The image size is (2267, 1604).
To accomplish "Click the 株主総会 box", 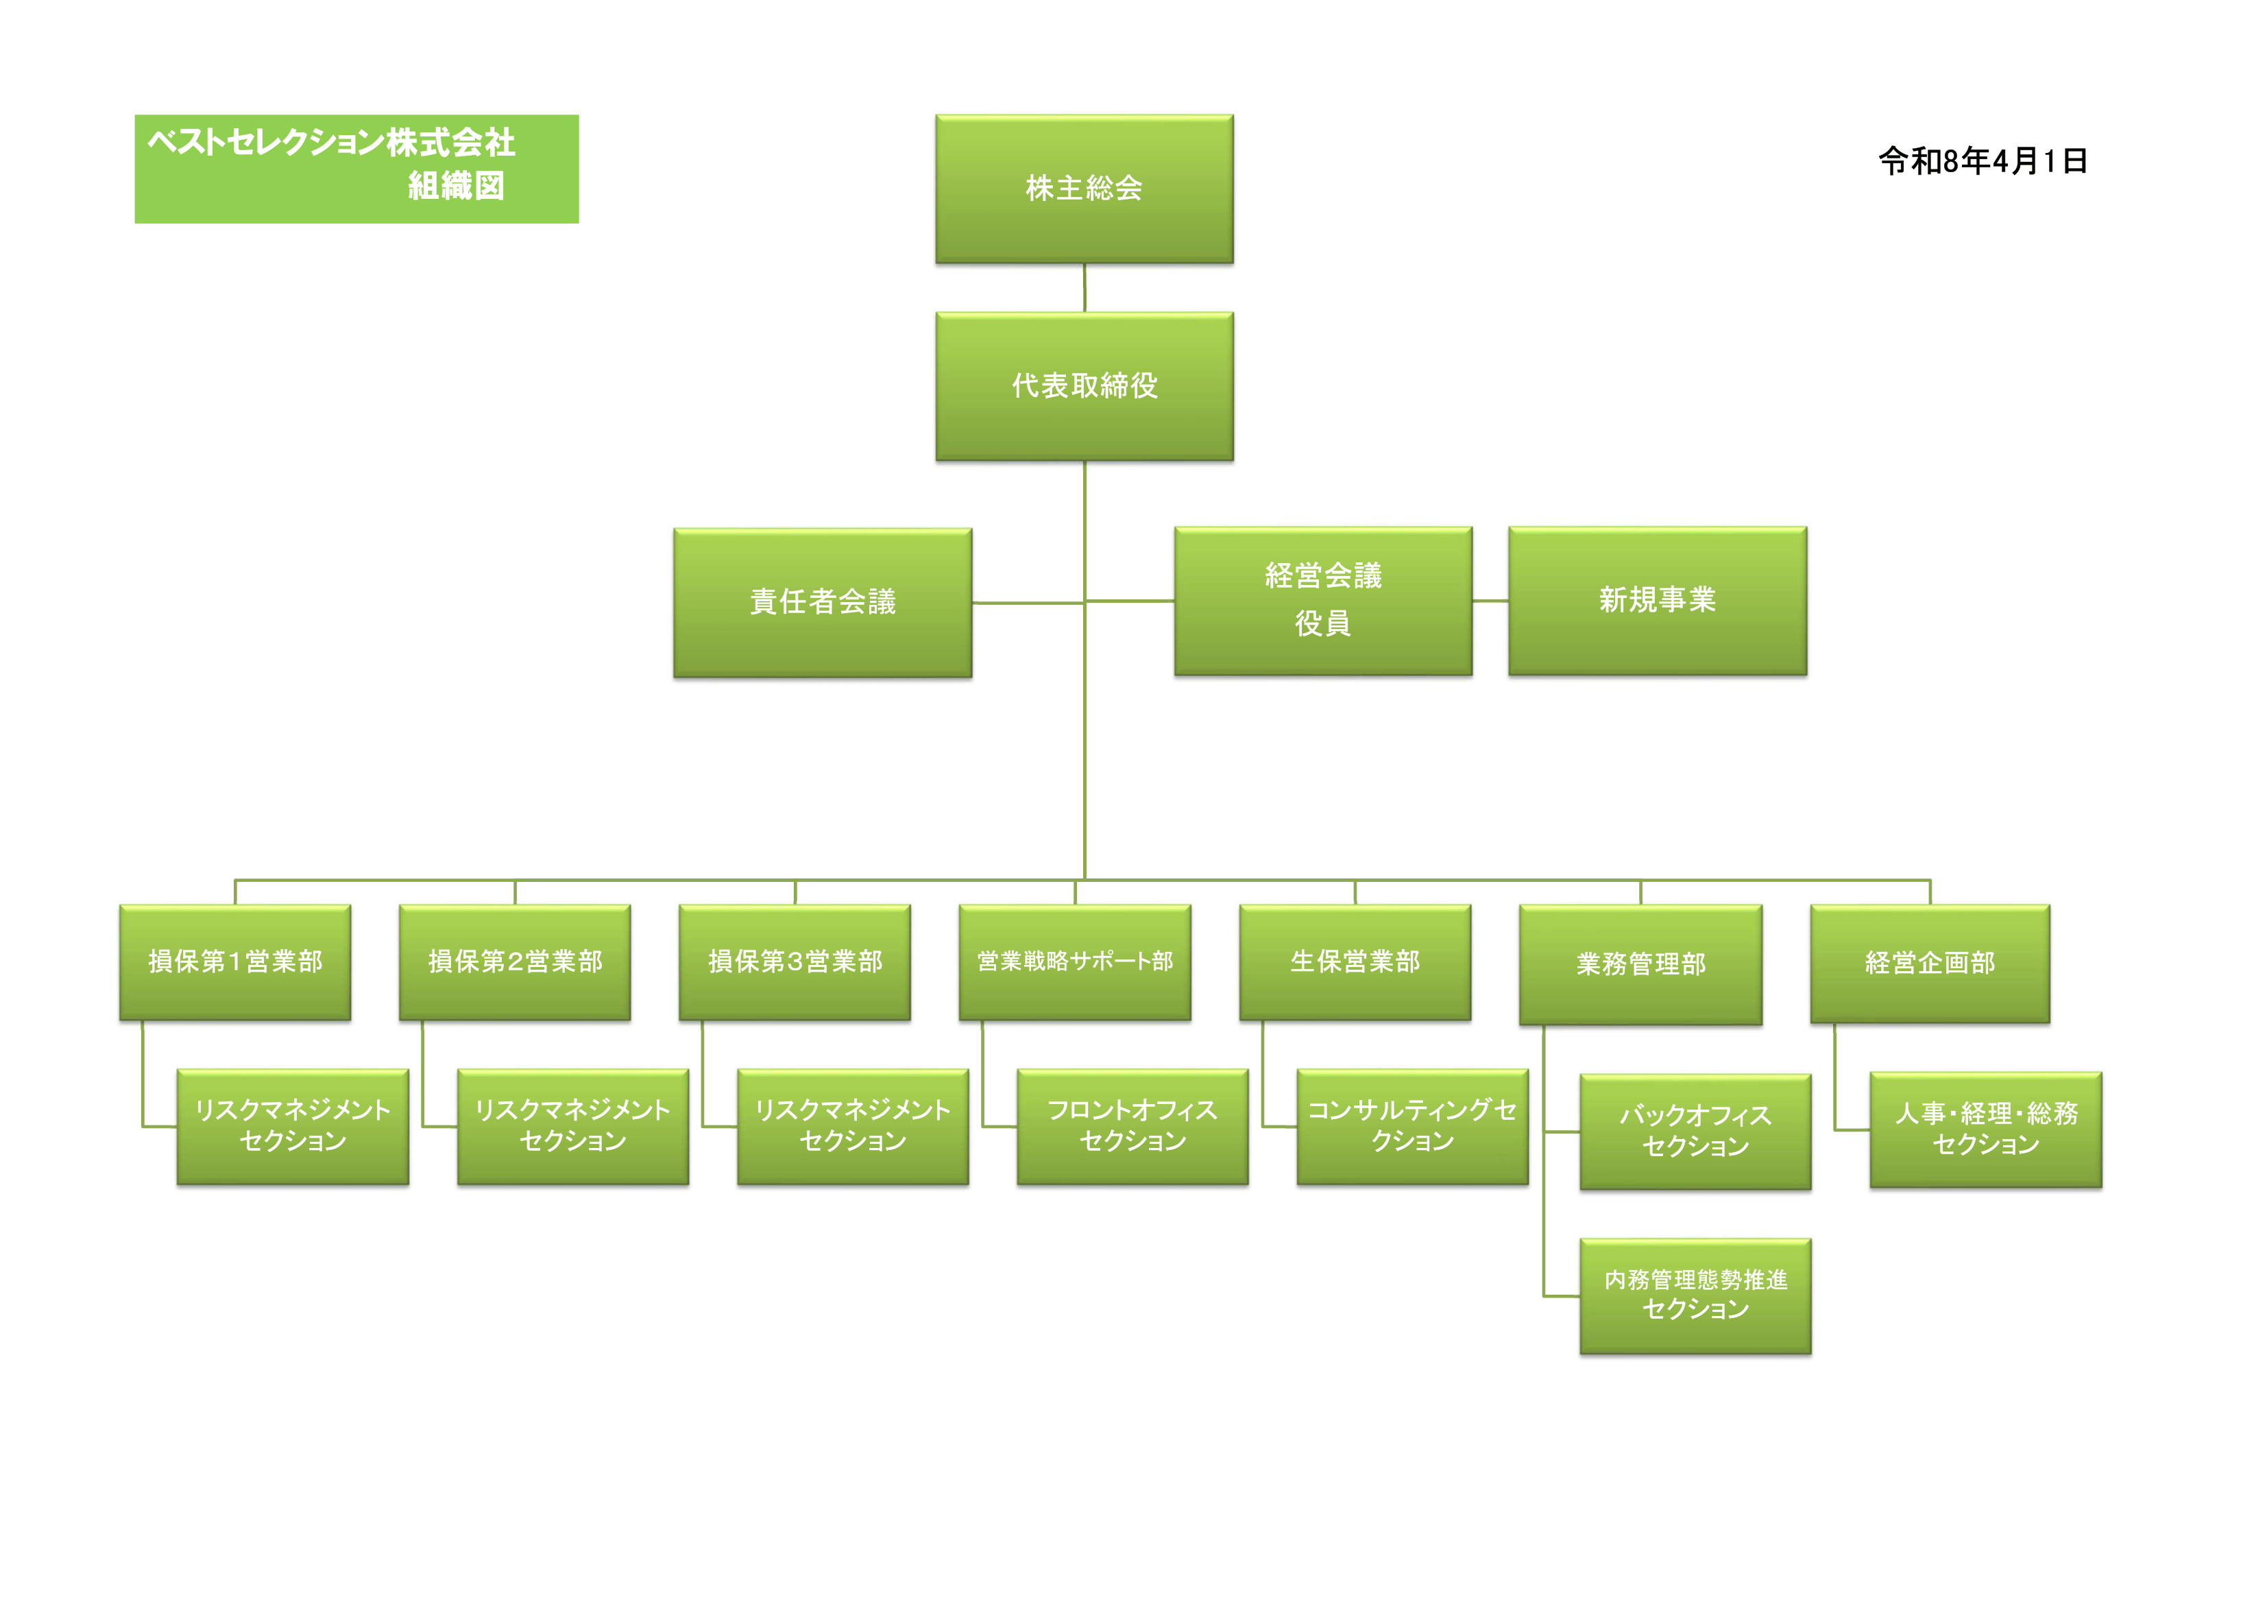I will (x=1084, y=189).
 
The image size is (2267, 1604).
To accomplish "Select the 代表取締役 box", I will (x=1084, y=386).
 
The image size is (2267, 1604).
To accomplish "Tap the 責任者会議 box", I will (x=823, y=603).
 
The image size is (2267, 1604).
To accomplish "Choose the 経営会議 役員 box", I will (x=1323, y=601).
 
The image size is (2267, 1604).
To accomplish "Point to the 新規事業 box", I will (x=1657, y=601).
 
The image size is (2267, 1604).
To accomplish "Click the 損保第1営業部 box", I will (x=235, y=962).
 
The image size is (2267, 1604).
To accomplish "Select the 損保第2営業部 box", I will (x=514, y=962).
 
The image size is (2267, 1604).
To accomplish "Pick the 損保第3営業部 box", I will (x=795, y=962).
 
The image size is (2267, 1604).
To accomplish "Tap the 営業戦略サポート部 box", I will (x=1074, y=962).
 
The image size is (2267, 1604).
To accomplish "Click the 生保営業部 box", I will (x=1355, y=962).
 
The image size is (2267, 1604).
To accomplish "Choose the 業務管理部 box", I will (x=1640, y=965).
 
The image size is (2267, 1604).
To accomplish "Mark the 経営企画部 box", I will (x=1929, y=964).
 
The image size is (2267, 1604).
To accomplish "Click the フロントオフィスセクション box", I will (x=1132, y=1126).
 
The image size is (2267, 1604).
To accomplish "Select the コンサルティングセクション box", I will (x=1412, y=1126).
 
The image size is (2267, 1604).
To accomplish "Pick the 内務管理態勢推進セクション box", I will (x=1695, y=1296).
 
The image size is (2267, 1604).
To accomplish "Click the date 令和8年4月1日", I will (x=1983, y=161).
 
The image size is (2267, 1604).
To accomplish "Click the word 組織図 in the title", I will (x=456, y=186).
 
